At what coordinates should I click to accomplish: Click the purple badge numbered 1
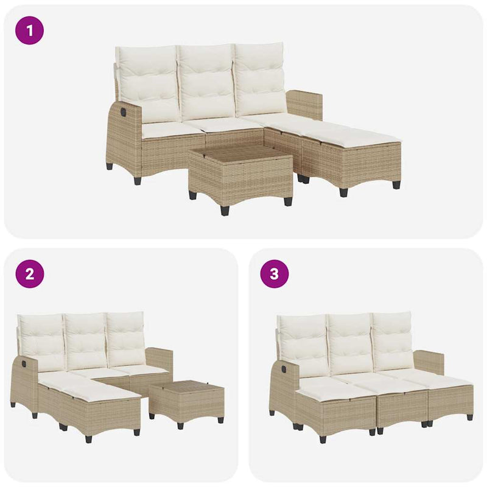tap(29, 30)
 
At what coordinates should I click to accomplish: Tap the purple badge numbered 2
tap(29, 274)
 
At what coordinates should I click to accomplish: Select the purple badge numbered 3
tap(275, 274)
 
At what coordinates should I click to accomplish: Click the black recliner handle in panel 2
tap(24, 362)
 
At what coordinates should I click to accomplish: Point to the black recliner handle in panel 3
tap(284, 369)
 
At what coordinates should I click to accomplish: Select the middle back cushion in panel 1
tap(206, 82)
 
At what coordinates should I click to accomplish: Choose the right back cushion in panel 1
tap(261, 80)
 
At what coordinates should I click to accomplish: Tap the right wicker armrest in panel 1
tap(305, 104)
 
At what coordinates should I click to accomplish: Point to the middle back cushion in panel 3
tap(351, 342)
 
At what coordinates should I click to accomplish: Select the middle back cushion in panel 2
tap(86, 341)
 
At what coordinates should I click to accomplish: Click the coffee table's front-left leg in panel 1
tap(193, 195)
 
